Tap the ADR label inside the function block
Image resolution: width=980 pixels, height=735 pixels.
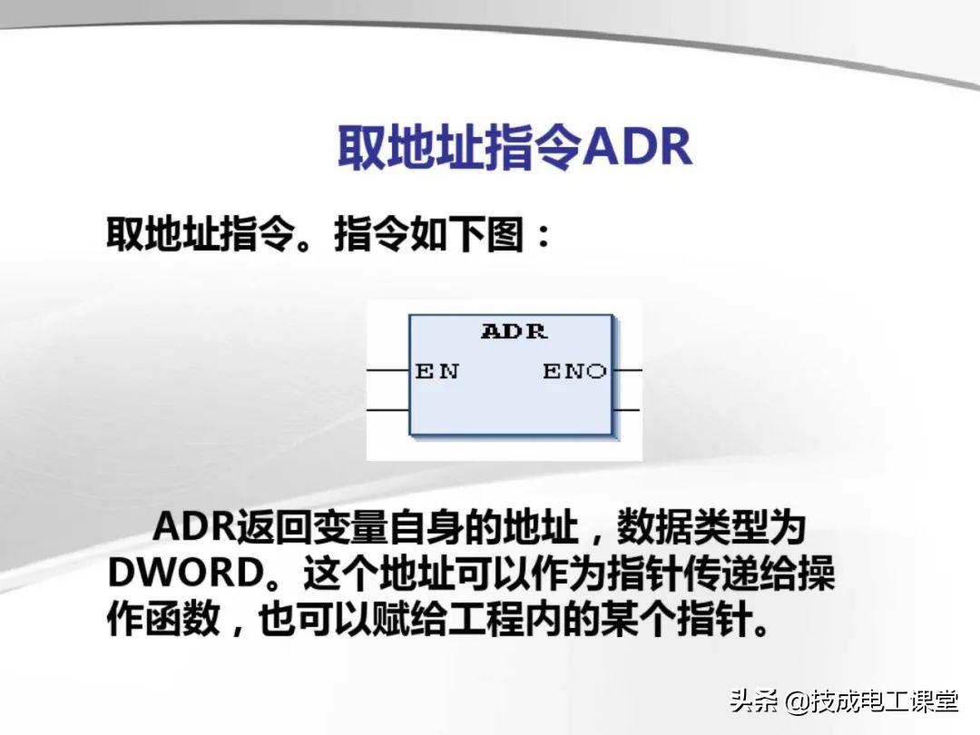point(514,331)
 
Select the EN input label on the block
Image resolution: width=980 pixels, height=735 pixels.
point(436,371)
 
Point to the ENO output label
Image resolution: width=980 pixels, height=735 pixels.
point(575,371)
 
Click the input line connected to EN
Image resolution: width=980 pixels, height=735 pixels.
point(387,371)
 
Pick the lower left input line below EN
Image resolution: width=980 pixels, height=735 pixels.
point(387,410)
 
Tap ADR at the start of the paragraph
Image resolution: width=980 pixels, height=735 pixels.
point(193,527)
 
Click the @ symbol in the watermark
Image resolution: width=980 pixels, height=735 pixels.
point(797,702)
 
